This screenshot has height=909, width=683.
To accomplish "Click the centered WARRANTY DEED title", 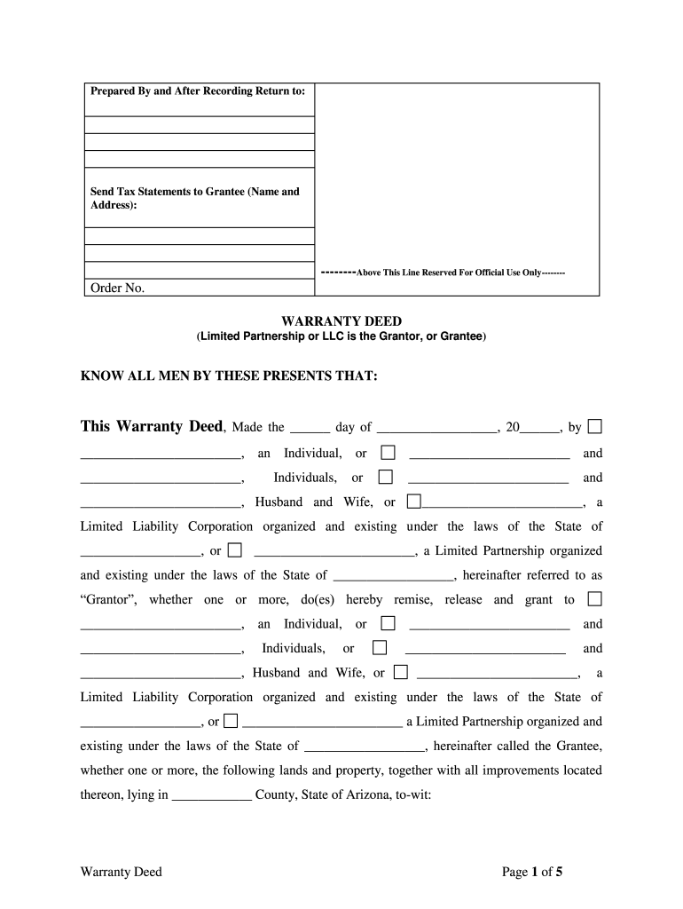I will [341, 320].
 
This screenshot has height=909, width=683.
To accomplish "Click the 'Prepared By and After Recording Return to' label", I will [198, 91].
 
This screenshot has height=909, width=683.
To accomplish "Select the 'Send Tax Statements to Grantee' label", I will [195, 197].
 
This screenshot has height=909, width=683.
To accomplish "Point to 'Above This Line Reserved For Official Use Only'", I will [442, 272].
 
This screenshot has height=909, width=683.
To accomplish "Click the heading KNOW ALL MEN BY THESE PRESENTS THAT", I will [229, 376].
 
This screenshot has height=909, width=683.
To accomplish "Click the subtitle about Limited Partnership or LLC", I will [341, 336].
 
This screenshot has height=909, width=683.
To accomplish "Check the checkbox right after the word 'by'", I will [594, 426].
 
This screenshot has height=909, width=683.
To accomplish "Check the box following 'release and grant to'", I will [594, 599].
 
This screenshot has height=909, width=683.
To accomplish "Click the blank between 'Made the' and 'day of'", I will [310, 428].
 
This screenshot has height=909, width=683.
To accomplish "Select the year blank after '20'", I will [540, 428].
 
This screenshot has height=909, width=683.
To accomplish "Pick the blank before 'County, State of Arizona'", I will [211, 796].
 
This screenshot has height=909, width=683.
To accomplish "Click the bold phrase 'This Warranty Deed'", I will [151, 426].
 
